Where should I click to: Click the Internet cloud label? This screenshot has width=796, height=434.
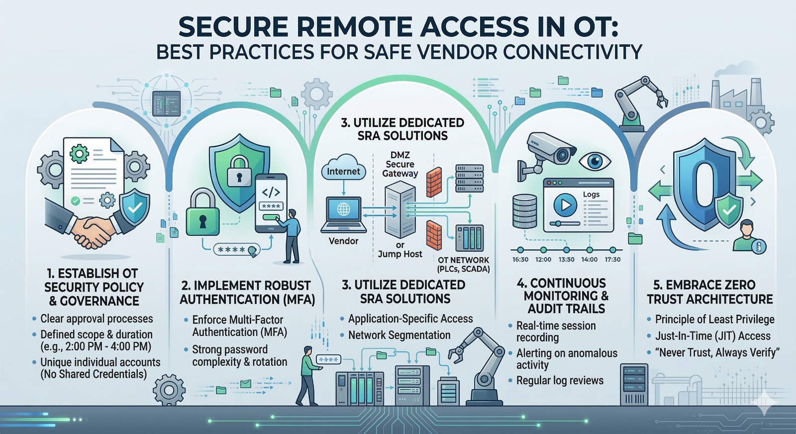[343, 171]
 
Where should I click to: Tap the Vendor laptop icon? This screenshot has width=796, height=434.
[343, 215]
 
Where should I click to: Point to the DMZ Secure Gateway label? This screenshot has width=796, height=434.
[400, 164]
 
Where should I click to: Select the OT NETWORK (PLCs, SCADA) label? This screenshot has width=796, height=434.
[463, 264]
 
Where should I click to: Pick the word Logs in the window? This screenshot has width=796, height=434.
[591, 194]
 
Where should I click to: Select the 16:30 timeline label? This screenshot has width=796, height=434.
[520, 259]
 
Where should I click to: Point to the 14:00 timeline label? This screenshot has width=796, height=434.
[590, 259]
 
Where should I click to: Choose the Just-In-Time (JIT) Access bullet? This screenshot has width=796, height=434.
[712, 336]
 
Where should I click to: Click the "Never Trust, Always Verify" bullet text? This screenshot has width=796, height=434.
[717, 352]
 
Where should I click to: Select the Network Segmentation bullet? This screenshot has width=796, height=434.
[399, 335]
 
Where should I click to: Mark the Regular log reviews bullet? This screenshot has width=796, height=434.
[560, 380]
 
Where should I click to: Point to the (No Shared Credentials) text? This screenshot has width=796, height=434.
[94, 374]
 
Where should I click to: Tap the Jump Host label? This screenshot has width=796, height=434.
[400, 254]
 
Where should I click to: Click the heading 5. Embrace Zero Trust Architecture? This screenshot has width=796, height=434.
[710, 292]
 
